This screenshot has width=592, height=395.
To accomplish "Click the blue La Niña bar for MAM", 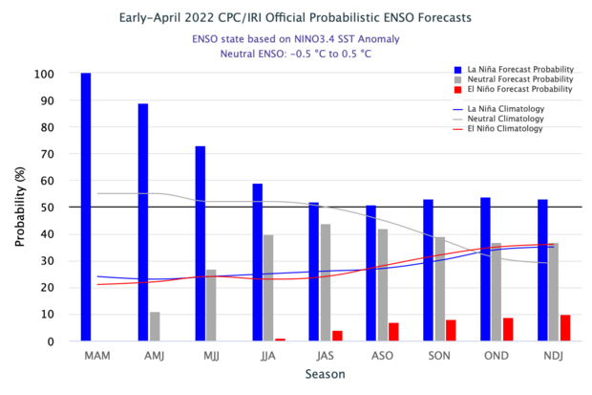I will point(86,207).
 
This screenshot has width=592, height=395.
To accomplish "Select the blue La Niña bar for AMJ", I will point(143,222).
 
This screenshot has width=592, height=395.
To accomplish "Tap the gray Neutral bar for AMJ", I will point(155,326).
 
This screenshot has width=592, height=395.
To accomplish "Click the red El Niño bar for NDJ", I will point(565,328).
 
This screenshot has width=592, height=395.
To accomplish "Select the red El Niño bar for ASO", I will point(393,332).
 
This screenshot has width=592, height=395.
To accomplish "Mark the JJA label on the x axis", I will point(268,356).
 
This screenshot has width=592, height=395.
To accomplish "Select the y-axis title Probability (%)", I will point(19,207).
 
